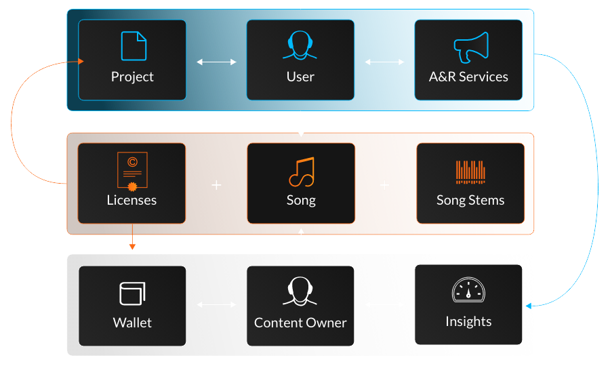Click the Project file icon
pyautogui.click(x=133, y=46)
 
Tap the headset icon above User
pyautogui.click(x=300, y=46)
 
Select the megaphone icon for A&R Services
pyautogui.click(x=470, y=47)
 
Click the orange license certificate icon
pyautogui.click(x=131, y=170)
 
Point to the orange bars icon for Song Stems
pyautogui.click(x=470, y=172)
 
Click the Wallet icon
pyautogui.click(x=132, y=294)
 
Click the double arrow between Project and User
pyautogui.click(x=216, y=62)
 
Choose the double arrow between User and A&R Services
pyautogui.click(x=384, y=62)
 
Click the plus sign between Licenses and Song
pyautogui.click(x=216, y=184)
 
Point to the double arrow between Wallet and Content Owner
pyautogui.click(x=216, y=305)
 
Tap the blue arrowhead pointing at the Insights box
pyautogui.click(x=529, y=306)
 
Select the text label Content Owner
pyautogui.click(x=300, y=323)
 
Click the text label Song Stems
pyautogui.click(x=470, y=201)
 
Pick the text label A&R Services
pyautogui.click(x=468, y=77)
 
